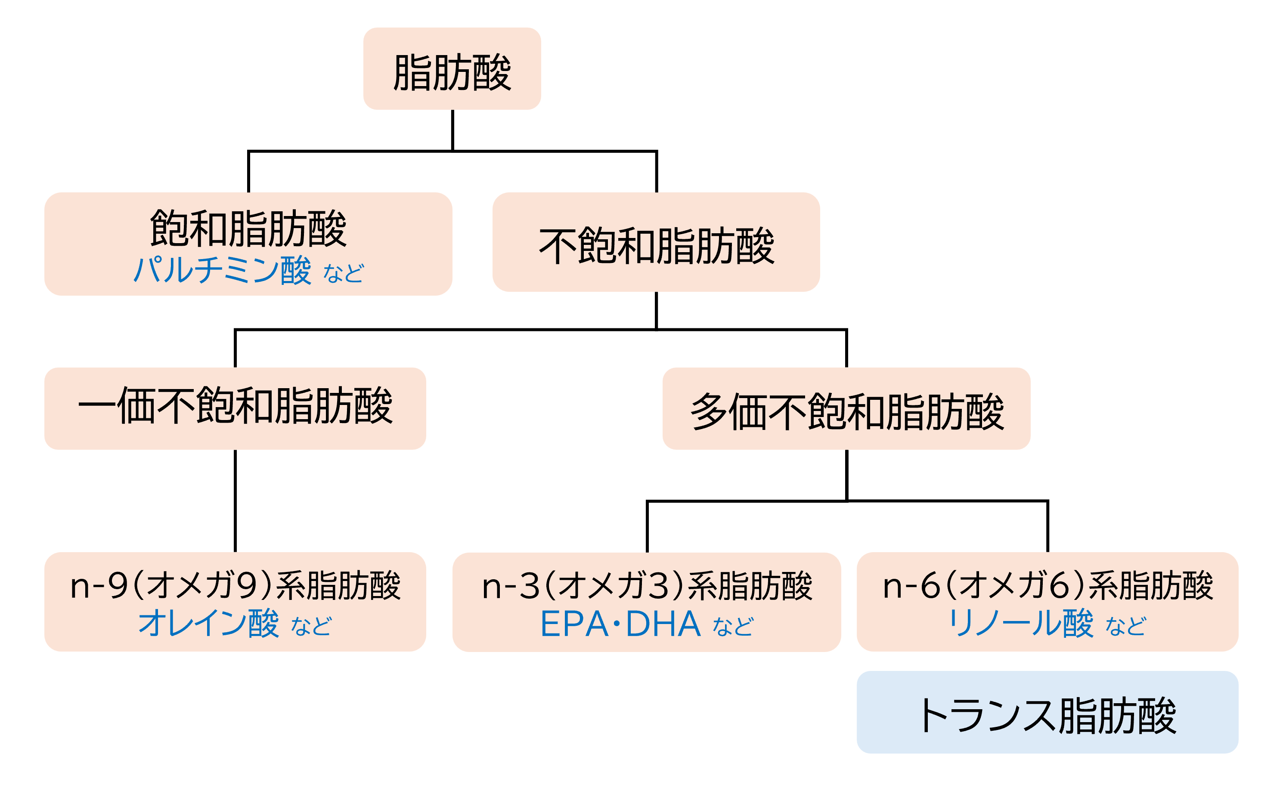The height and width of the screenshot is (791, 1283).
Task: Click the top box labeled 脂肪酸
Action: click(x=452, y=69)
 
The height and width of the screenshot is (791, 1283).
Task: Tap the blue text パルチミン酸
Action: click(x=223, y=270)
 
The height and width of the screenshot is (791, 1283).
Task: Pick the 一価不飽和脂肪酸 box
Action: click(x=235, y=408)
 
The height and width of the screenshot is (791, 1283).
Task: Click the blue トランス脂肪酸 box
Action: click(x=1047, y=715)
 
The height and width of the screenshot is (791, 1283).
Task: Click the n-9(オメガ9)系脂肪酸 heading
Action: click(x=235, y=585)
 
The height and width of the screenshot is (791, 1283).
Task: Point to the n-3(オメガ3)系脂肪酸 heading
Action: click(x=646, y=586)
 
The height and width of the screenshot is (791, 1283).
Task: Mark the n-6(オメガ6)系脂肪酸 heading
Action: click(x=1047, y=585)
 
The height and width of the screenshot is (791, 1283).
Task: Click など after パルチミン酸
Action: click(x=343, y=273)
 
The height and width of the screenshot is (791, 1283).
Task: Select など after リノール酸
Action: click(x=1125, y=626)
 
